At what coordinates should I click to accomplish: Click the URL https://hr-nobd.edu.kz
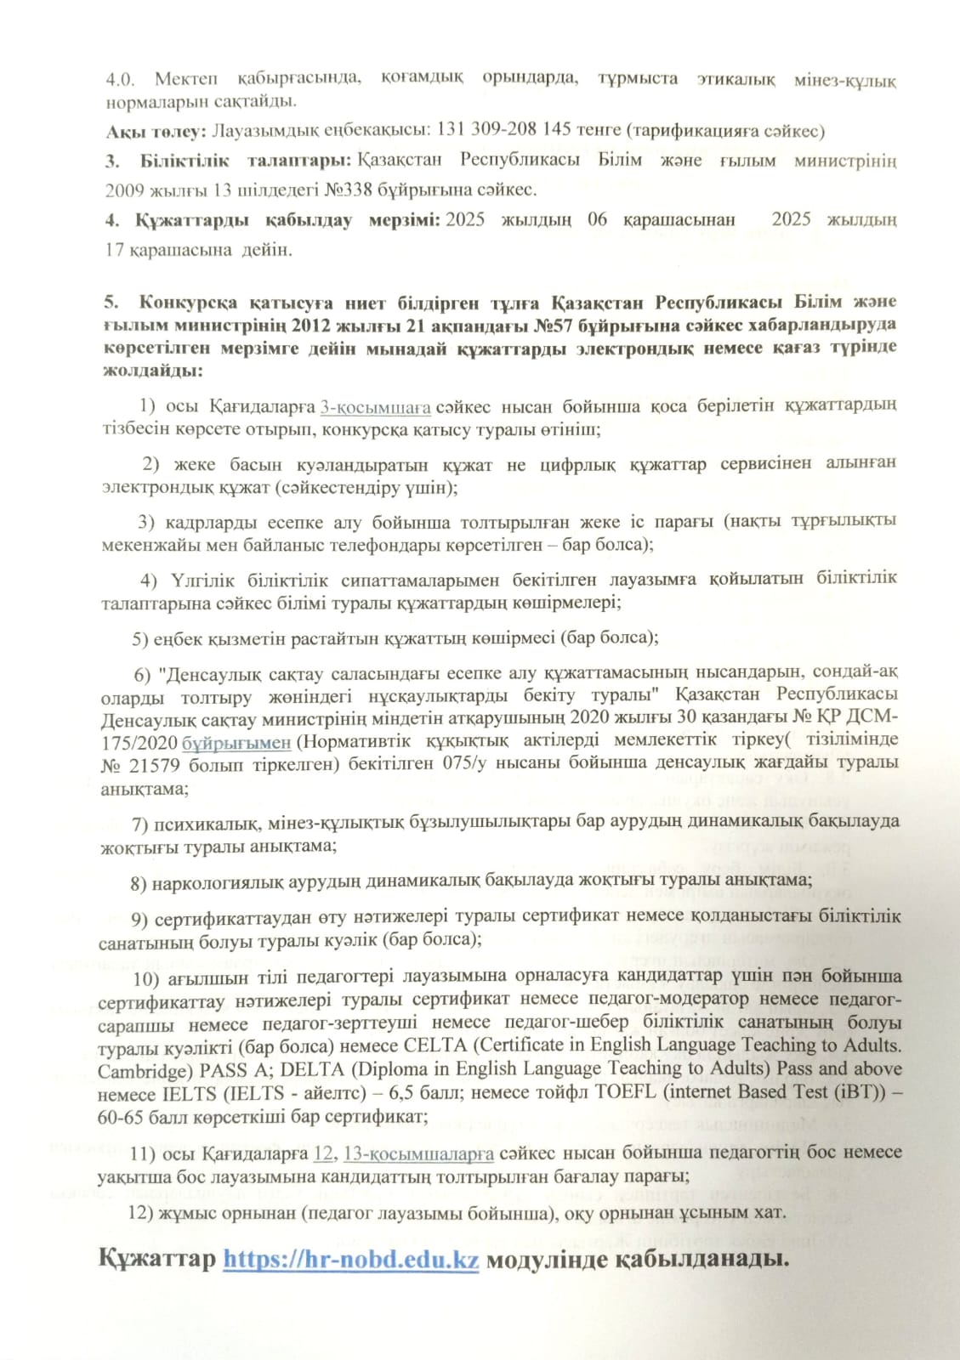point(350,1259)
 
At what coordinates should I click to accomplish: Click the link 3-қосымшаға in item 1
point(375,406)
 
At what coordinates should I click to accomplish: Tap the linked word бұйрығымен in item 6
point(236,742)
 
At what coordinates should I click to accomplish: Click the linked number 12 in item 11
point(323,1153)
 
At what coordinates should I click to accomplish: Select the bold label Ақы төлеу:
point(156,131)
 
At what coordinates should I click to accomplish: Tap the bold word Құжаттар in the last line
point(157,1259)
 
